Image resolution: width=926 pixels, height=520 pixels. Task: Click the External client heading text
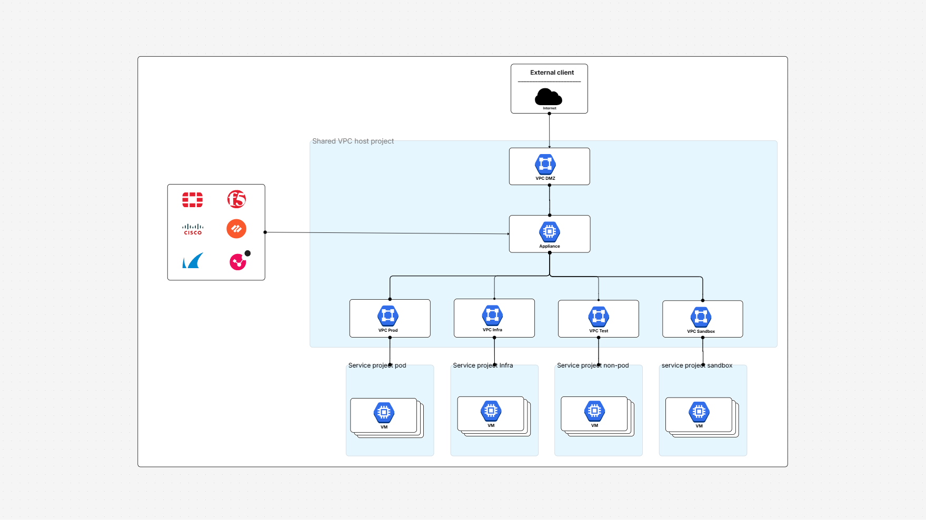(552, 73)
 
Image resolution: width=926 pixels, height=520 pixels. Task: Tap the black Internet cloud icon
(548, 97)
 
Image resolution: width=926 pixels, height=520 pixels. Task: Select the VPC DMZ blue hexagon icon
(545, 164)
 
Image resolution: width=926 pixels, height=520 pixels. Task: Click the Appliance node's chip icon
(550, 231)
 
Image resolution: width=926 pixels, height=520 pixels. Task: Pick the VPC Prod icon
(388, 315)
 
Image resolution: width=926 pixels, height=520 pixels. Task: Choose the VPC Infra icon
(492, 315)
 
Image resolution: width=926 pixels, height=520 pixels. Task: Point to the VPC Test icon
(599, 316)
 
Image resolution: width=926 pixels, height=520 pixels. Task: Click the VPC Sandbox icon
(701, 317)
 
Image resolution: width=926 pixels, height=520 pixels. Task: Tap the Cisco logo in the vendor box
(193, 229)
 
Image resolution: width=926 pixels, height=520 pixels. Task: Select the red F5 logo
(236, 199)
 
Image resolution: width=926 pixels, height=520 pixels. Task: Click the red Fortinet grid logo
(193, 200)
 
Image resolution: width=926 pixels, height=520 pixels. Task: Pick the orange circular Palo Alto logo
(236, 229)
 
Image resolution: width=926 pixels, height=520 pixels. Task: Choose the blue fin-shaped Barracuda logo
(193, 261)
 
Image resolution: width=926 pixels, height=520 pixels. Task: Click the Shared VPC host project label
(353, 141)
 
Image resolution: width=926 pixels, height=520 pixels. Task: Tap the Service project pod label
(377, 365)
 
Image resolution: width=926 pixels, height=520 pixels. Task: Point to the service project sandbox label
(696, 365)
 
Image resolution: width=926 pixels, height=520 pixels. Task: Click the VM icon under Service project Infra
(491, 411)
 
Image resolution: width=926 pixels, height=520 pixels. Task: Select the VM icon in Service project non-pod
(594, 411)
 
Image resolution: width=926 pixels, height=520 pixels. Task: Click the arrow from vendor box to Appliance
(387, 233)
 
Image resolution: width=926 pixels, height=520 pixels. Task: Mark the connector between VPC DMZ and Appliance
(550, 200)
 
